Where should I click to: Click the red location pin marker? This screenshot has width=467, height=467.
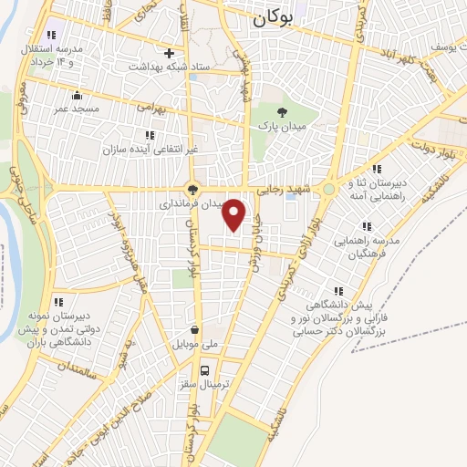pyautogui.click(x=234, y=214)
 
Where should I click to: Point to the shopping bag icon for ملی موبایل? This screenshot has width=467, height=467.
pyautogui.click(x=193, y=330)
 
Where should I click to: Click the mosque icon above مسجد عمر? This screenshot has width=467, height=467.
pyautogui.click(x=76, y=95)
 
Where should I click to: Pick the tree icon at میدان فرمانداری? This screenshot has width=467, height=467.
pyautogui.click(x=192, y=190)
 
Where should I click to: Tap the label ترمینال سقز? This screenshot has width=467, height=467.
pyautogui.click(x=205, y=386)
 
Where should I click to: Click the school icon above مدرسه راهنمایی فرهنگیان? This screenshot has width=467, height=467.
pyautogui.click(x=367, y=225)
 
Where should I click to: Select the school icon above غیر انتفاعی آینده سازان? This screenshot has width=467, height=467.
pyautogui.click(x=149, y=135)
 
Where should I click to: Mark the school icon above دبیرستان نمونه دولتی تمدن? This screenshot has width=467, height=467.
pyautogui.click(x=57, y=301)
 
